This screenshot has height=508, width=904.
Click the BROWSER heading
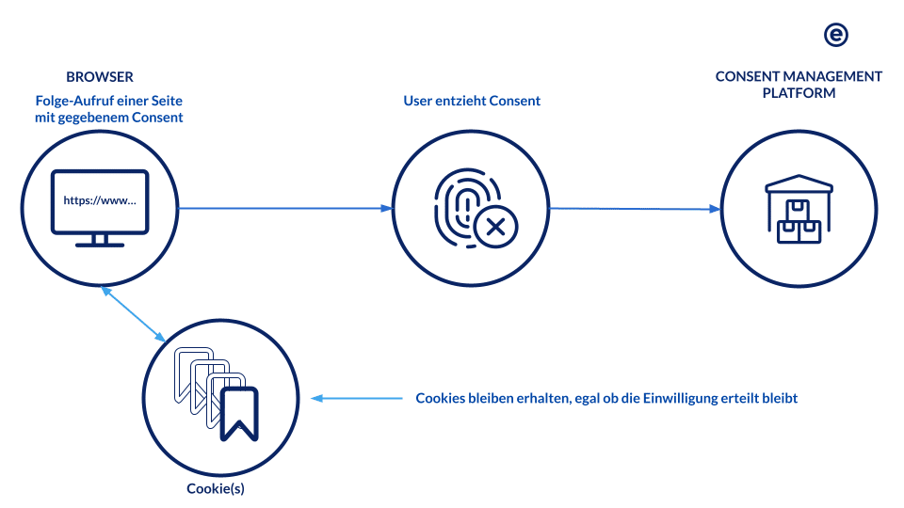[x=100, y=76]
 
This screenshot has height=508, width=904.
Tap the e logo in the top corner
[x=835, y=35]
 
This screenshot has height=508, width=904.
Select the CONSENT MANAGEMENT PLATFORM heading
[x=799, y=85]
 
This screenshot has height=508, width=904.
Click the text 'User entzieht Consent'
[x=472, y=101]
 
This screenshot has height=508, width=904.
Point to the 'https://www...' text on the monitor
[x=100, y=200]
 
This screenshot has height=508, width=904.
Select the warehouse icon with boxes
[x=799, y=210]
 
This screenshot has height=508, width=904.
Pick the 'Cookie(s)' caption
[x=216, y=489]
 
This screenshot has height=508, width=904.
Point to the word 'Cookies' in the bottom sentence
[x=441, y=398]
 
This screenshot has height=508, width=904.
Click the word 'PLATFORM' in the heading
[x=799, y=93]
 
